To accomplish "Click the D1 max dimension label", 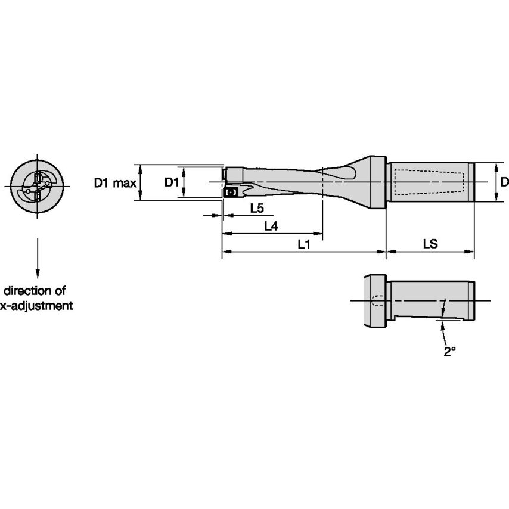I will [x=114, y=183].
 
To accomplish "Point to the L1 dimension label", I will [x=303, y=244].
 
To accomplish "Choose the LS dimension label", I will [x=430, y=244].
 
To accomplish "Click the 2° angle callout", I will [x=449, y=352].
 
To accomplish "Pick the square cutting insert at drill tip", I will [x=230, y=193].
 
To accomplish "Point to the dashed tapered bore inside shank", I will [x=429, y=182].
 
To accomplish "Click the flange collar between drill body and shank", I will [x=377, y=181].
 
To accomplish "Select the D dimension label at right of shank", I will [x=504, y=182].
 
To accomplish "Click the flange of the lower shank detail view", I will [x=374, y=301].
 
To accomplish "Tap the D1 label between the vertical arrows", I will [x=171, y=182].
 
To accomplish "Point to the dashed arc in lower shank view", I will [x=375, y=300].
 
